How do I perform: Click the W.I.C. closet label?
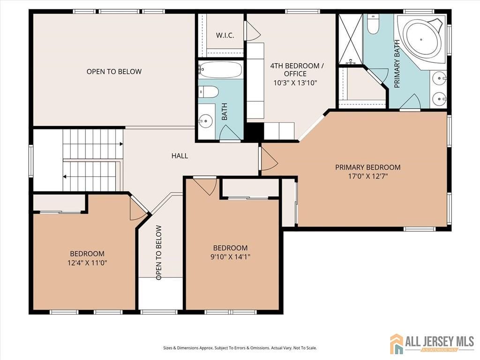pos(225,36)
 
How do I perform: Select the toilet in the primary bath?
pos(373,24)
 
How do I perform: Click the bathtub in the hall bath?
pos(220,70)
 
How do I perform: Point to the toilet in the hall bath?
pos(208,91)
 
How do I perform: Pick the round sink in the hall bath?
pos(205,121)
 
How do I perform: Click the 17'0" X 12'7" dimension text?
pos(367,176)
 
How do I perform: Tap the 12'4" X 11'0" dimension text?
pos(87,263)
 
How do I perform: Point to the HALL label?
pos(180,156)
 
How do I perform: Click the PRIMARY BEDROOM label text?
pos(367,167)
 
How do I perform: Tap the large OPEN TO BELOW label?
pos(114,72)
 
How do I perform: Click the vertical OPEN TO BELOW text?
pos(159,253)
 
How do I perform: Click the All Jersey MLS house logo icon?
pos(397,344)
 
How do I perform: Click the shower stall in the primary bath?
pos(350,39)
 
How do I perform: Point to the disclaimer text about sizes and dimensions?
pos(240,348)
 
